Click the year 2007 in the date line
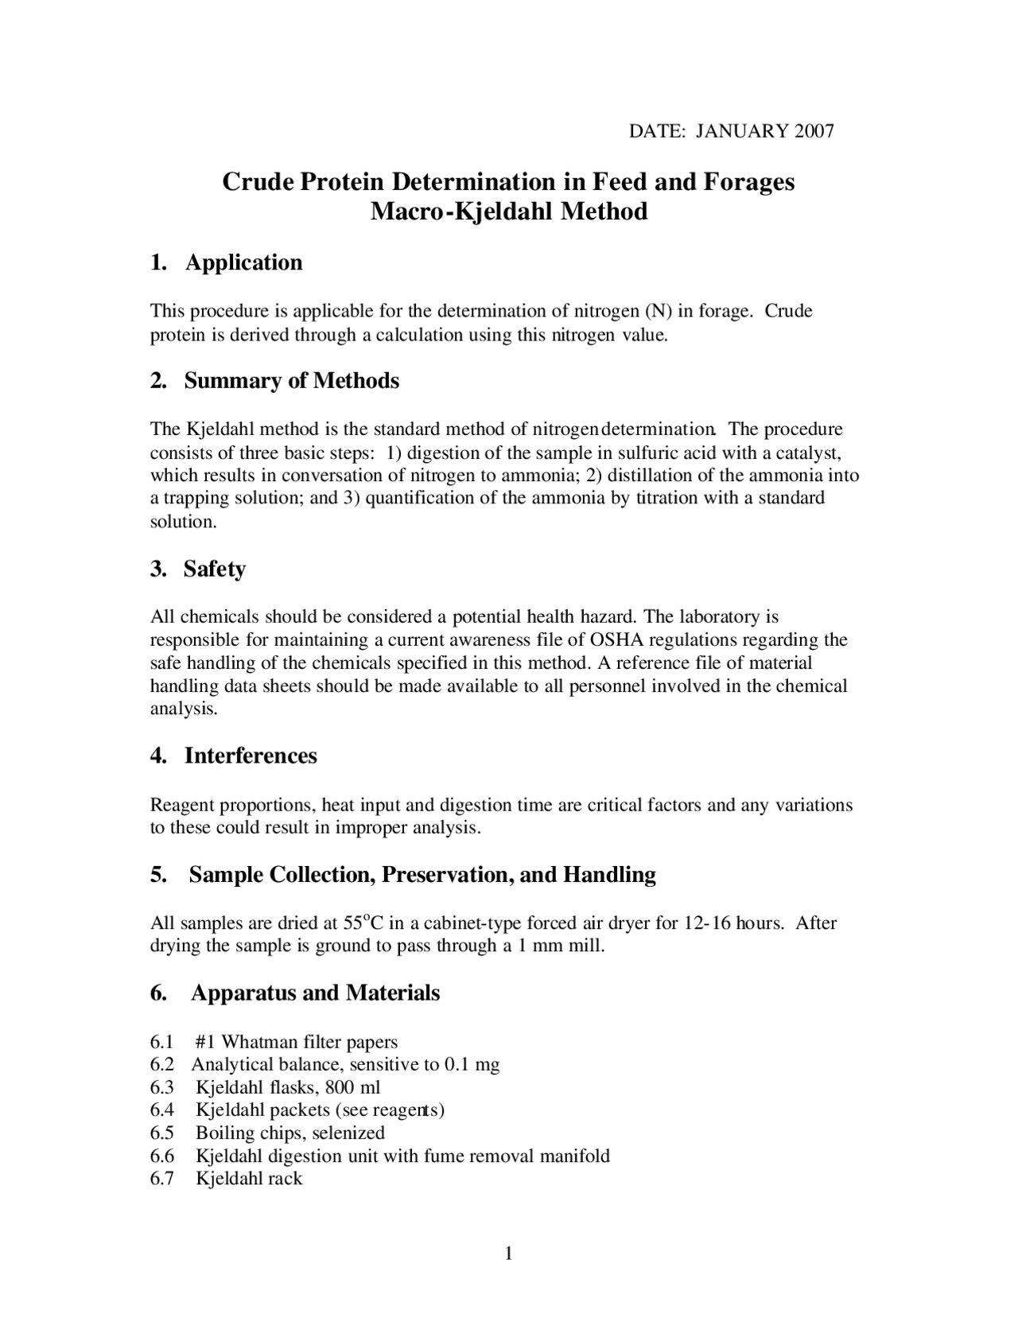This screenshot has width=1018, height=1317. coord(814,131)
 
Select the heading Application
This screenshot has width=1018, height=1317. coord(243,262)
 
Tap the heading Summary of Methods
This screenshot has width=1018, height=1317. coord(291,381)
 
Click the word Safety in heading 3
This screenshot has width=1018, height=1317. coord(214,569)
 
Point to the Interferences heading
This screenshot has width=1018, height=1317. coord(251,756)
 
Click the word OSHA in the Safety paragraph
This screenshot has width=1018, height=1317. coord(612,640)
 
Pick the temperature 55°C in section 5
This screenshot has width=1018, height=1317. coord(363,923)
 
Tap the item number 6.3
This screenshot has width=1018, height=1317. coord(161,1087)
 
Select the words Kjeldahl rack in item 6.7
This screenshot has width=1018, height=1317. coord(249,1179)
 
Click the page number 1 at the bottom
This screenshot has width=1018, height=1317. coord(508,1254)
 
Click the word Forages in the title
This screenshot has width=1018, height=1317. coord(748,182)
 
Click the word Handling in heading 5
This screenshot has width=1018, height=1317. coord(610,875)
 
